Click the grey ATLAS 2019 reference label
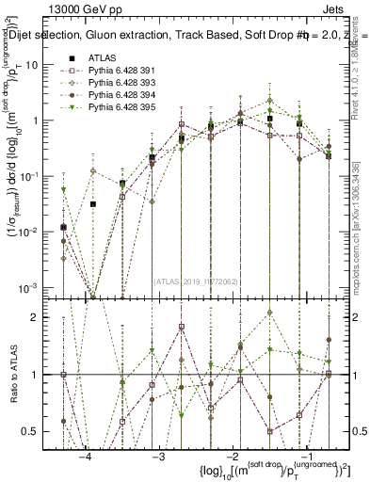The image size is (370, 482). [x=196, y=281]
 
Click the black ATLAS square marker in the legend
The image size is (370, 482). [x=70, y=58]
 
